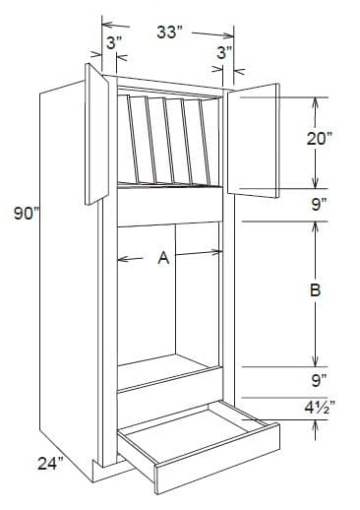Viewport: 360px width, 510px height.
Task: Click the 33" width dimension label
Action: click(x=171, y=32)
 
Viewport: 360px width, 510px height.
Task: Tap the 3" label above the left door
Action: click(x=113, y=43)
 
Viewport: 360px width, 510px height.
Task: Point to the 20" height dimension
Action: click(x=318, y=139)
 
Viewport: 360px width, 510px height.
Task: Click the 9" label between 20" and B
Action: click(x=318, y=207)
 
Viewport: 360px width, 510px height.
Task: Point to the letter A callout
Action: click(x=164, y=259)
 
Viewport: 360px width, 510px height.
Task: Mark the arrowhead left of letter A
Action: click(x=122, y=260)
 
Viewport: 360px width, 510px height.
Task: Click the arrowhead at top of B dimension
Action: click(x=316, y=225)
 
